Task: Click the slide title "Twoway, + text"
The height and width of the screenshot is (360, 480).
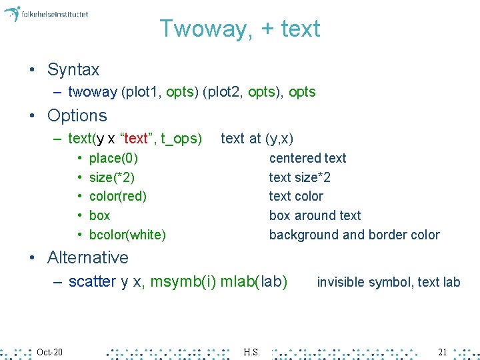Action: click(240, 29)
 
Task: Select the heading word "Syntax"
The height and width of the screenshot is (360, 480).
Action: click(73, 69)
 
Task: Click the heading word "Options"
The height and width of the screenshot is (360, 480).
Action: click(77, 115)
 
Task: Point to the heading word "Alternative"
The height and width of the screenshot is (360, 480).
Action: click(87, 257)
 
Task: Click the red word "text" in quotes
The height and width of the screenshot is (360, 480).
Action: click(136, 139)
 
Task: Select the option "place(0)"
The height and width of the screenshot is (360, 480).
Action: click(113, 158)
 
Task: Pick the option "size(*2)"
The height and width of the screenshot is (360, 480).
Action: click(113, 177)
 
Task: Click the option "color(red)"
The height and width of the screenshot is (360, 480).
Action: click(117, 196)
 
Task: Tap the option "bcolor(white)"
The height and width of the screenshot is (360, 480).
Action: click(127, 235)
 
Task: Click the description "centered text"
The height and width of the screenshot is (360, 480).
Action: click(307, 158)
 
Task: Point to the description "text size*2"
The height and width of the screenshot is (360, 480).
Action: click(299, 177)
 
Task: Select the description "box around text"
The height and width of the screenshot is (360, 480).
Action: click(315, 215)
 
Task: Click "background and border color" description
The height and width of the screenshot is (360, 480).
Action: click(354, 235)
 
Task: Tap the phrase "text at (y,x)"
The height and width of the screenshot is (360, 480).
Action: click(257, 139)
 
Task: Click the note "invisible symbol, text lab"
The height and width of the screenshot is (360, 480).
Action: click(388, 282)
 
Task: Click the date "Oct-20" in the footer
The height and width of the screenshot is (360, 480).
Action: click(50, 351)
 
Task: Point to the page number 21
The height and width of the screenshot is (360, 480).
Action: click(442, 351)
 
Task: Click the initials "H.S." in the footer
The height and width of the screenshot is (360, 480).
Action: click(251, 351)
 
